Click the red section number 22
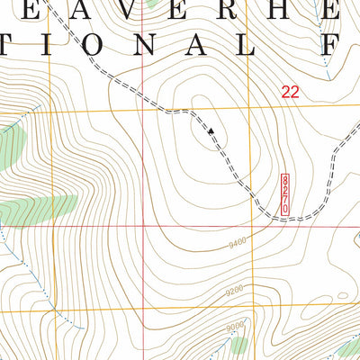tap(289, 91)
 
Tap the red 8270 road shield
tap(285, 194)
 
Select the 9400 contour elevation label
tap(237, 241)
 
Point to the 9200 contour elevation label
tap(236, 291)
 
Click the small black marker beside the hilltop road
tap(211, 131)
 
